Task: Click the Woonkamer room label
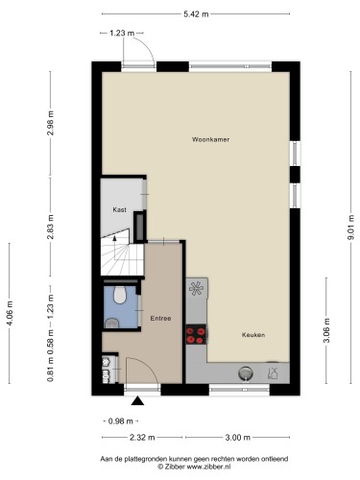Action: tap(210, 139)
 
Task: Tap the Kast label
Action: tap(119, 210)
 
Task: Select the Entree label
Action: tap(160, 319)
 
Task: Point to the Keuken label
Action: tap(253, 335)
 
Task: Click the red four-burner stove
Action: tap(196, 334)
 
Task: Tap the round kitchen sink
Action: tap(246, 373)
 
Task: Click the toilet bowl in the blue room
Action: tap(120, 295)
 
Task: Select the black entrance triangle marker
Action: tap(137, 400)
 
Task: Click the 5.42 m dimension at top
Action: tap(196, 14)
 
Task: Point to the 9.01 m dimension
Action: tap(351, 228)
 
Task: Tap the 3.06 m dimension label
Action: tap(326, 330)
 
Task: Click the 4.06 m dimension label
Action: tap(10, 314)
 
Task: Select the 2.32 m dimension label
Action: tap(142, 438)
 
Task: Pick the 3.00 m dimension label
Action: tap(238, 438)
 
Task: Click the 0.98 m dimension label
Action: tap(121, 421)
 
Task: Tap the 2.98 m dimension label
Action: tap(50, 123)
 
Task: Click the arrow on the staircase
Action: tap(114, 237)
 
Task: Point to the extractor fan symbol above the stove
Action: tap(196, 288)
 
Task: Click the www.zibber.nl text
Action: tap(208, 467)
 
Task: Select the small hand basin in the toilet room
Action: tap(111, 324)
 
